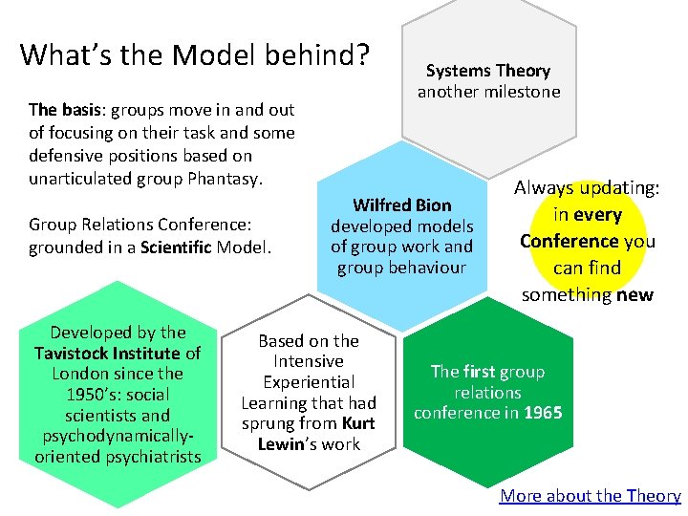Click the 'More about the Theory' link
click(590, 495)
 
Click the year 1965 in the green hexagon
click(543, 413)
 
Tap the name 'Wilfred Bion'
click(401, 204)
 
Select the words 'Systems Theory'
click(488, 71)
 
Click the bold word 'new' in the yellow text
click(634, 294)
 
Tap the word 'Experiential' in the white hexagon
click(309, 382)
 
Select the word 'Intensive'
click(308, 361)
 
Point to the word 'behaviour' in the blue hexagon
click(401, 267)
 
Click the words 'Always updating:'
click(587, 188)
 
